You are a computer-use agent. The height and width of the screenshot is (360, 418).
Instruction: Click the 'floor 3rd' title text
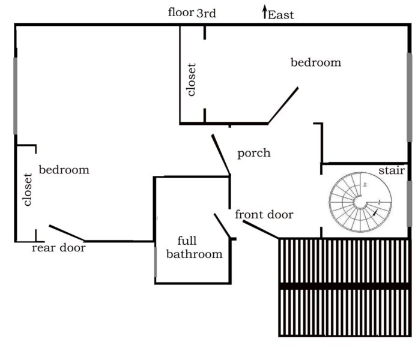tap(192, 13)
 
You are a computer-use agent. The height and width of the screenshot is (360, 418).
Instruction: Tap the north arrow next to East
tap(264, 13)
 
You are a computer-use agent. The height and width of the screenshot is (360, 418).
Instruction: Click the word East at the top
tap(281, 15)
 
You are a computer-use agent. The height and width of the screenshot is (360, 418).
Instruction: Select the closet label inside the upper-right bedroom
tap(192, 80)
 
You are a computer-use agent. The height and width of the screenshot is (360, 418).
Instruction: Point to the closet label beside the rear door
tap(27, 190)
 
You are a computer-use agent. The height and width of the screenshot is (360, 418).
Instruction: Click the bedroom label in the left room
tap(64, 170)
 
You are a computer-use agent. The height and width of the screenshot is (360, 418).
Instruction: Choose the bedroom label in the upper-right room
tap(316, 62)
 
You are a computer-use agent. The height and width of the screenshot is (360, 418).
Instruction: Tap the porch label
tap(253, 154)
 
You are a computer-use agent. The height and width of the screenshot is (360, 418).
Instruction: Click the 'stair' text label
tap(391, 171)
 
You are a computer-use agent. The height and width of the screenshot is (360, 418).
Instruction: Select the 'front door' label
tap(264, 215)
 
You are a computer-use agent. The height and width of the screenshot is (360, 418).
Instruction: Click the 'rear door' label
tap(58, 248)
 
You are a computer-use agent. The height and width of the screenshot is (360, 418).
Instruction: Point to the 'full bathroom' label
tap(194, 248)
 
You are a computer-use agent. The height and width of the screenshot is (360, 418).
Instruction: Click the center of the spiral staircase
tap(360, 203)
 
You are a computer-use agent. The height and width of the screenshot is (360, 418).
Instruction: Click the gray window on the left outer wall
tap(16, 96)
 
